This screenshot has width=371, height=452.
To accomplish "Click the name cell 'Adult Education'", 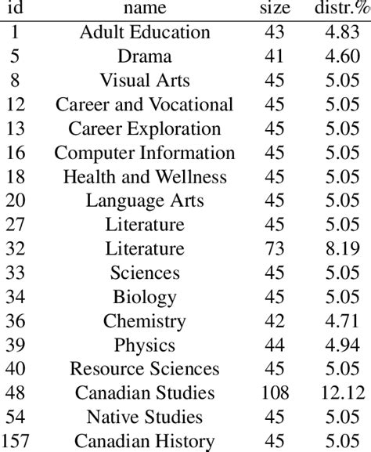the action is [145, 33].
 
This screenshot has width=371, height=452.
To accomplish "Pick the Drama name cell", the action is [145, 57].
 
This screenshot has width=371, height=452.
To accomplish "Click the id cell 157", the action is [16, 441].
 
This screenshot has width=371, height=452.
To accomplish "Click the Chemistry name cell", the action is [145, 321].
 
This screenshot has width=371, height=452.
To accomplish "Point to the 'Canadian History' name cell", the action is [145, 441].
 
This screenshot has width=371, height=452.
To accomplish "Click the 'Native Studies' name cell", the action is [145, 418].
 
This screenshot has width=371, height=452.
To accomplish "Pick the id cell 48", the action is [16, 393].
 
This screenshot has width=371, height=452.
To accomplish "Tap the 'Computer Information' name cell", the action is [145, 154].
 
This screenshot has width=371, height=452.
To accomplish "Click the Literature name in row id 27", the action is [145, 225].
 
